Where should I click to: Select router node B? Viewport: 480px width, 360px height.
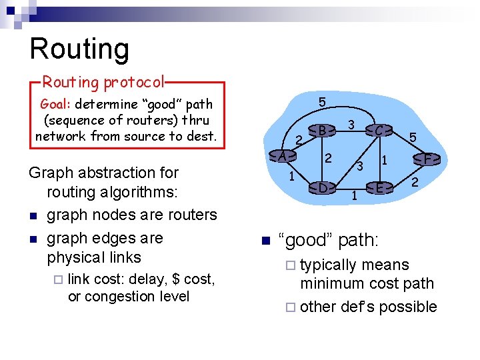(x=322, y=130)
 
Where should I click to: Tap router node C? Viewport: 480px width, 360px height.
(x=378, y=131)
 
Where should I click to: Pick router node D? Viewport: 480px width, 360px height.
(x=322, y=187)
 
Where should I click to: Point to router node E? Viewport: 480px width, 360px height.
(x=379, y=187)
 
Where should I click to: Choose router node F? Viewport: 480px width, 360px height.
(x=428, y=159)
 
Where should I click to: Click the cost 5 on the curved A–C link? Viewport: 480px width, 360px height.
(x=322, y=103)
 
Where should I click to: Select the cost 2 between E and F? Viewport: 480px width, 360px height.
(x=414, y=182)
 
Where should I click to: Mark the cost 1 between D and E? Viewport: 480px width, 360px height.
(x=354, y=196)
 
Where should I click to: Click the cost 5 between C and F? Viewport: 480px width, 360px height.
(x=413, y=137)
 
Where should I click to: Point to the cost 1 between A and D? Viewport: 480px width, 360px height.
(x=291, y=177)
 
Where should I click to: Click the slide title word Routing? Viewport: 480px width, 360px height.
(x=79, y=49)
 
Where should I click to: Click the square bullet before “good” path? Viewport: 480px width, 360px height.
(x=264, y=241)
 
